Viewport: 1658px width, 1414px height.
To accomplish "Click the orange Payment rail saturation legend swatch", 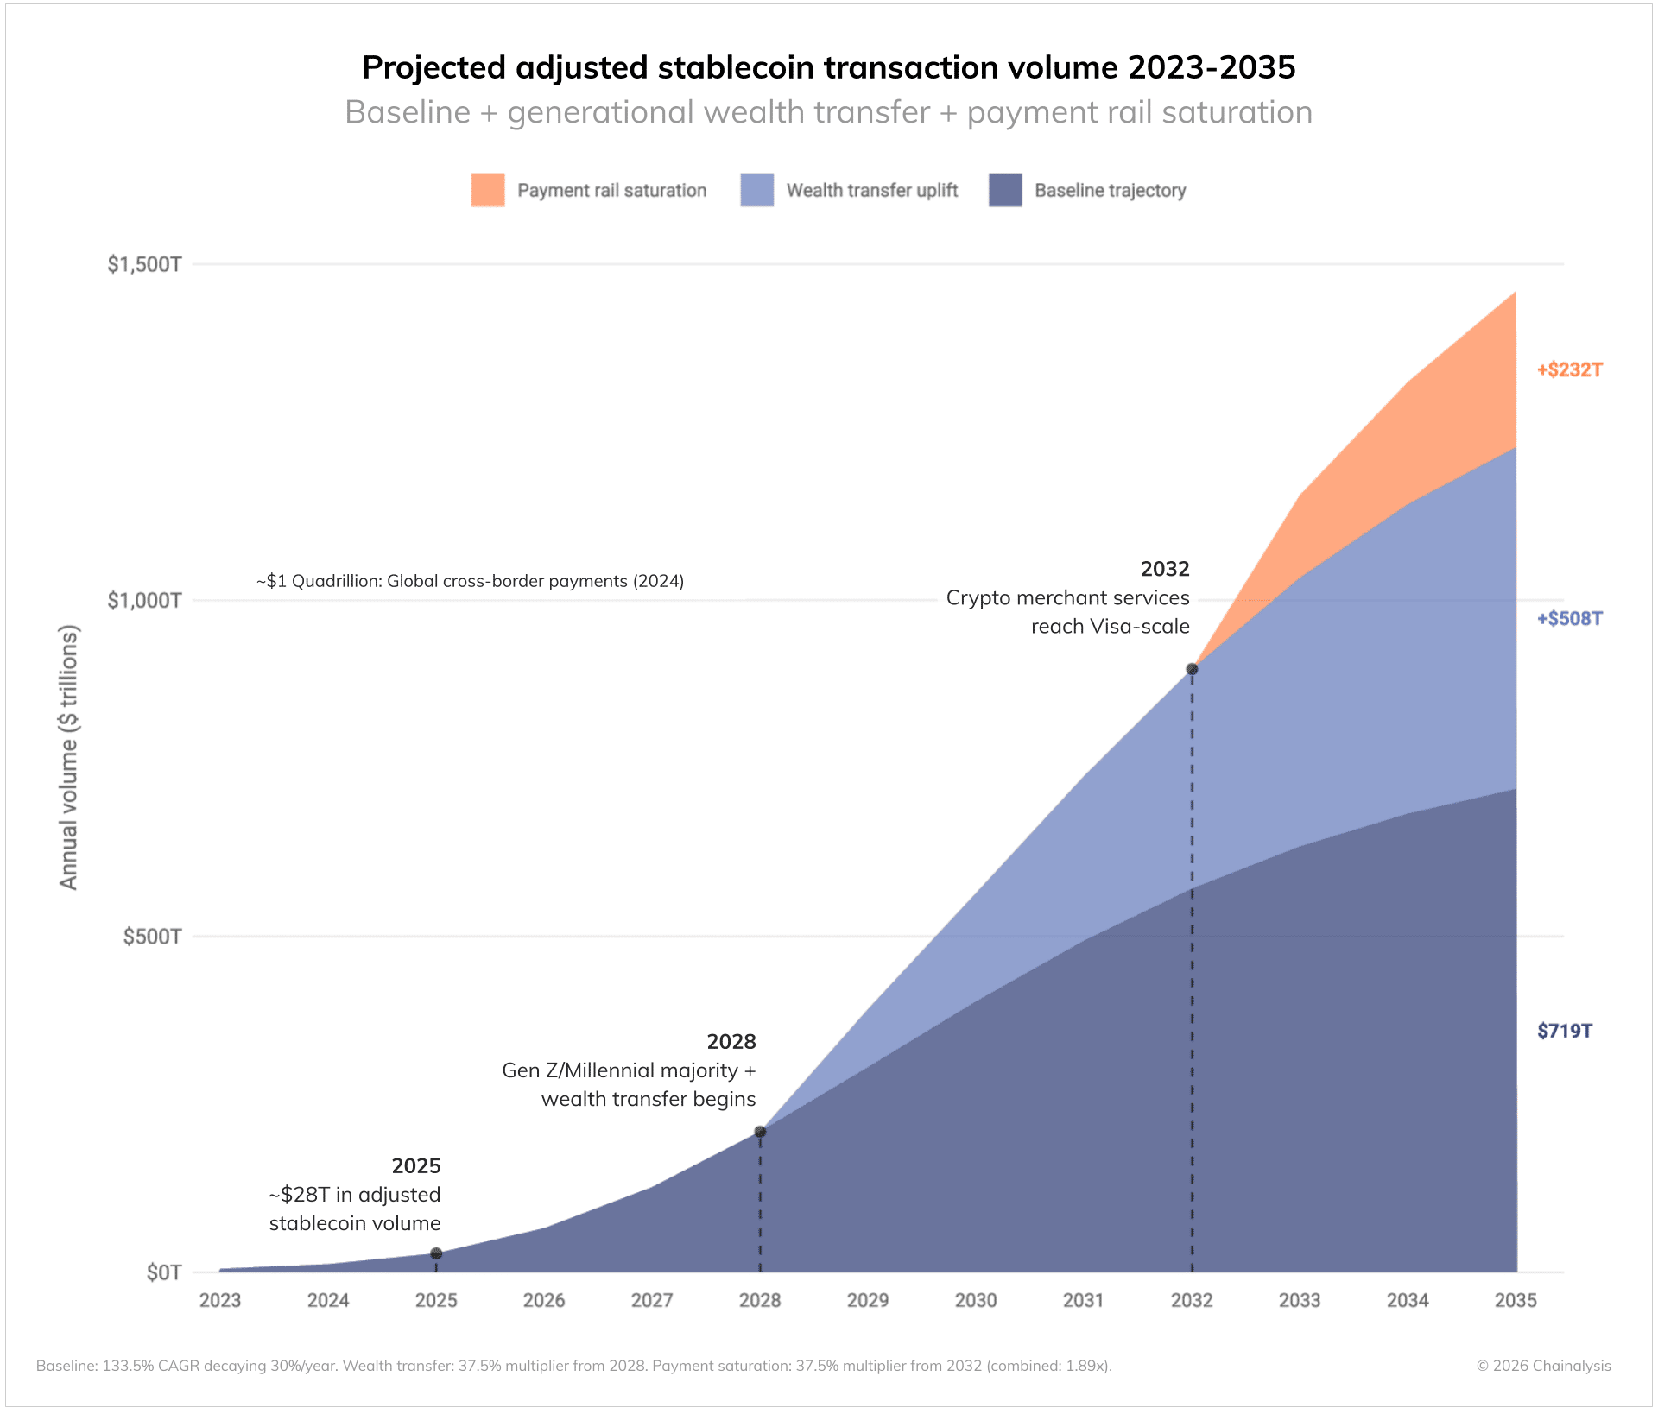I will (488, 190).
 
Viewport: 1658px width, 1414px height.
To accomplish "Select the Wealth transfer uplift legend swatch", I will (756, 190).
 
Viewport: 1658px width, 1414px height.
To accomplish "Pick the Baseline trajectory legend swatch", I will (1005, 190).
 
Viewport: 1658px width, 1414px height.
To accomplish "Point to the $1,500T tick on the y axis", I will (144, 264).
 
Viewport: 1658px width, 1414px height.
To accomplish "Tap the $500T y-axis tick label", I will (152, 937).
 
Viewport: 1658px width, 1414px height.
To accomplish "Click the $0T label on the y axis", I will (164, 1272).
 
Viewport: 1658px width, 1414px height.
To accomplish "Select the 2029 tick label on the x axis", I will (868, 1300).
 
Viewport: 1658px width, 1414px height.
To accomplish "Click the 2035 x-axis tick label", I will (1516, 1300).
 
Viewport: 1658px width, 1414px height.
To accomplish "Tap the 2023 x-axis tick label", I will (220, 1300).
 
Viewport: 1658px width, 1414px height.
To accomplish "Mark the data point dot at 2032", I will (1192, 669).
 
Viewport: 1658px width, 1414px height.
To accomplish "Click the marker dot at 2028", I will (760, 1132).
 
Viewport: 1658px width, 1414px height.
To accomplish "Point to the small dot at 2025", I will (436, 1253).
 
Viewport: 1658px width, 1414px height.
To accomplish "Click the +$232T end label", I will (1569, 370).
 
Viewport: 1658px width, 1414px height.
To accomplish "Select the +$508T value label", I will (1569, 619).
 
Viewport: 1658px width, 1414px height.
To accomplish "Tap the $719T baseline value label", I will (1564, 1031).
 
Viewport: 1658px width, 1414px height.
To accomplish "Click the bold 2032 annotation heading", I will (1164, 569).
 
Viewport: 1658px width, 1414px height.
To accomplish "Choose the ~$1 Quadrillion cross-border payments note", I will (470, 581).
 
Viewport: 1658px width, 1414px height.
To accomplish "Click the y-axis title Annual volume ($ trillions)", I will (68, 757).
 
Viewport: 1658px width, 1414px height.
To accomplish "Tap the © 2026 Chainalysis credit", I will (1543, 1366).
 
